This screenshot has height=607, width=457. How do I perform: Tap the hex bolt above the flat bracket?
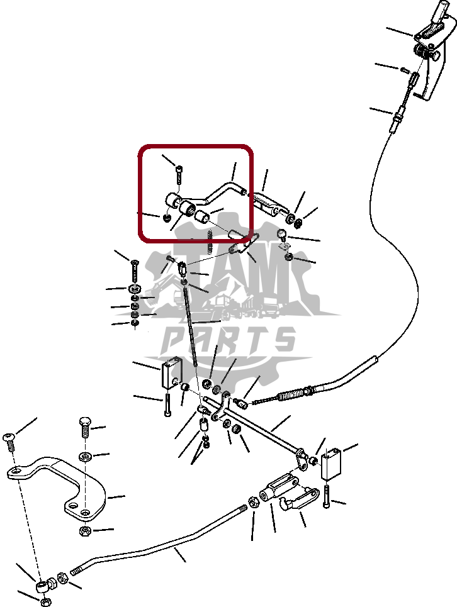pos(85,427)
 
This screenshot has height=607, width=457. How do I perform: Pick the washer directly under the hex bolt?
pos(85,457)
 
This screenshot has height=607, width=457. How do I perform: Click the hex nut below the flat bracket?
pos(85,531)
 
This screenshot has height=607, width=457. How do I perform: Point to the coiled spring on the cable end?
pos(290,394)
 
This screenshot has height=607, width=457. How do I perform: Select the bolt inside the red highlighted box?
pos(179,175)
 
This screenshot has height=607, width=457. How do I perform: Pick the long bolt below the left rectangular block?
pos(167,405)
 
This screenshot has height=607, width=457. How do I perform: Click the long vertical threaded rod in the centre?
pos(191,325)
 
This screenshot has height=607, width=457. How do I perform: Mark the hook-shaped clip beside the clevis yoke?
pos(299,500)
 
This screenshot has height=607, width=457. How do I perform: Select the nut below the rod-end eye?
pos(45,601)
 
